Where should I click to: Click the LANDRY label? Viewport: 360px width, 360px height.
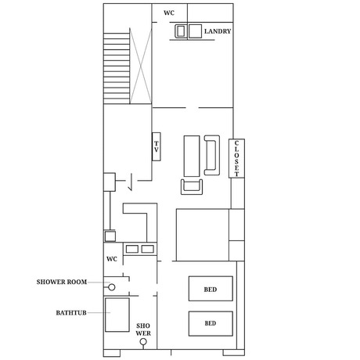[x=218, y=31]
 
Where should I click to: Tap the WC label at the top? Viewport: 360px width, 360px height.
[x=169, y=13]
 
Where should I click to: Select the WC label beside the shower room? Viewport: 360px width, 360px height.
[x=112, y=259]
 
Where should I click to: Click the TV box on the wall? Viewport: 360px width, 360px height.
[x=157, y=146]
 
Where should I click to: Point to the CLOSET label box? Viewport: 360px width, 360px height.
[x=236, y=158]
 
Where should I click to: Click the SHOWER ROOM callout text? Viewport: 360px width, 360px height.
[x=62, y=282]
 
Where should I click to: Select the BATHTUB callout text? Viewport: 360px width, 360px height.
[x=71, y=312]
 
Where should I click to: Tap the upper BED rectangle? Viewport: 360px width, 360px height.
[x=211, y=289]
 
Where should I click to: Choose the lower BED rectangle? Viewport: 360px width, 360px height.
[x=211, y=323]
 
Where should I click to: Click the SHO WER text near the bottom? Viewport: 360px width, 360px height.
[x=143, y=329]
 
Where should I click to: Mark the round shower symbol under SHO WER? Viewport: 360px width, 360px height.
[x=143, y=341]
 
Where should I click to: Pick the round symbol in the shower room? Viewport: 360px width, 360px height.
[x=112, y=287]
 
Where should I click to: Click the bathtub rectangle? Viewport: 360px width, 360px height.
[x=117, y=315]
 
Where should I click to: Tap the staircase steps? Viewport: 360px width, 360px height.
[x=117, y=68]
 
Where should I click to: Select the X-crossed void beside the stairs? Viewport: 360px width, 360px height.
[x=141, y=66]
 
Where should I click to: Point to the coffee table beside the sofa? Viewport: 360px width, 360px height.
[x=192, y=156]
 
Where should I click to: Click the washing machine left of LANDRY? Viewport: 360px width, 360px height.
[x=181, y=31]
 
